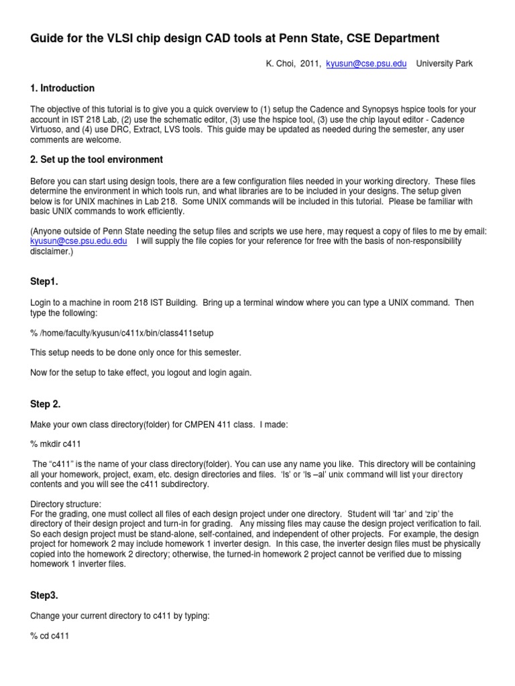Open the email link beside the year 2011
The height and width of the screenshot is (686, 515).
(x=365, y=64)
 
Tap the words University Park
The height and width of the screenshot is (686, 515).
(x=445, y=64)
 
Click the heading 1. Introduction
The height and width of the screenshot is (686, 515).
(x=62, y=88)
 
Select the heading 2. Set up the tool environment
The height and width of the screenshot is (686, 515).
(x=97, y=159)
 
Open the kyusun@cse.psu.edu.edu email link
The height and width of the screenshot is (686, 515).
(x=78, y=241)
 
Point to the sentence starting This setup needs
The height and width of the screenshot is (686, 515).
(x=135, y=352)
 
